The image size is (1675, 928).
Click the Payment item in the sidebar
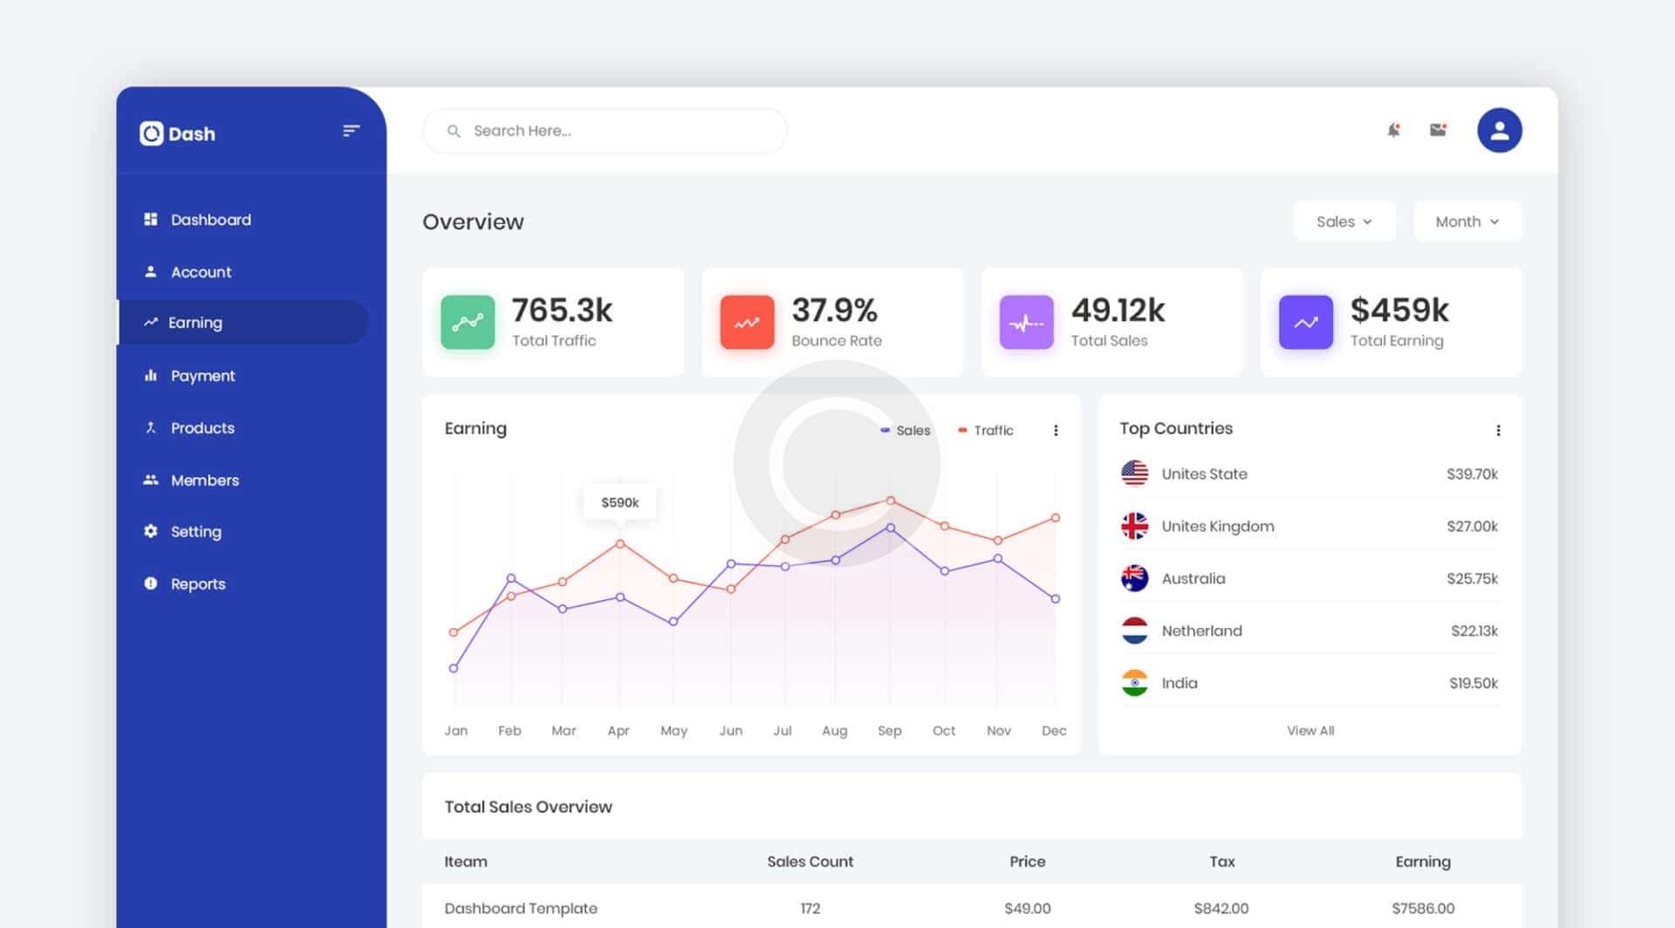point(202,376)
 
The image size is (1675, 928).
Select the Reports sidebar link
point(197,584)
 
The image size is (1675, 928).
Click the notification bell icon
point(1393,131)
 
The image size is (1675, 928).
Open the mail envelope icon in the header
point(1438,131)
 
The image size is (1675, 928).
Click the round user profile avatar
point(1499,131)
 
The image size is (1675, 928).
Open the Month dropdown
point(1466,222)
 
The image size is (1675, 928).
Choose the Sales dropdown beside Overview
point(1343,222)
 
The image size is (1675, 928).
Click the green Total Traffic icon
point(468,323)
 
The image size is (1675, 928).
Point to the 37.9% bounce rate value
point(834,310)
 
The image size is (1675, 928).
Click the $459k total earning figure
point(1398,310)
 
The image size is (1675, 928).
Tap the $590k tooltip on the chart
point(619,502)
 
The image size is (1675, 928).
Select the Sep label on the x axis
point(889,731)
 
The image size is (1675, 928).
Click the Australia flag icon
point(1134,578)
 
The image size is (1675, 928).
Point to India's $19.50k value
point(1473,683)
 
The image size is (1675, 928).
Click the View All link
point(1309,731)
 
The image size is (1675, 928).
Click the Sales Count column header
point(810,862)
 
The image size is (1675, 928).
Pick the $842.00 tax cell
point(1220,909)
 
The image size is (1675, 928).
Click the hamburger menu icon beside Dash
point(351,131)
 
